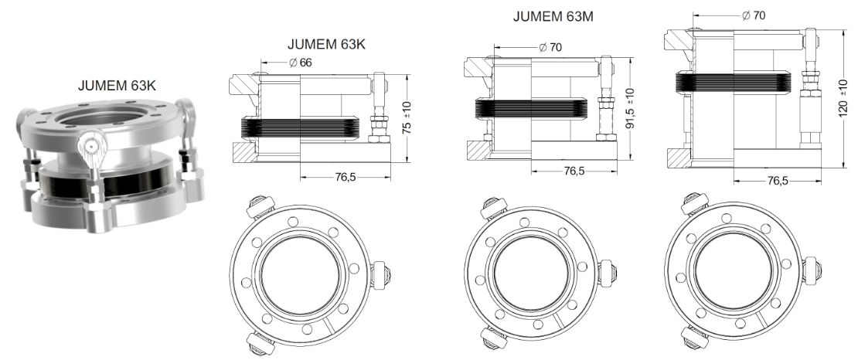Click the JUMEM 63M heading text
click(553, 16)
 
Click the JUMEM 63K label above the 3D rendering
click(117, 85)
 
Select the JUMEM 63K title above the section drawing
click(326, 44)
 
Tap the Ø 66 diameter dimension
click(301, 63)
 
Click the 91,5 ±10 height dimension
click(630, 108)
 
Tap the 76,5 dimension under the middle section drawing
click(574, 171)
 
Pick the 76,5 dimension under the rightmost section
click(777, 181)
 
